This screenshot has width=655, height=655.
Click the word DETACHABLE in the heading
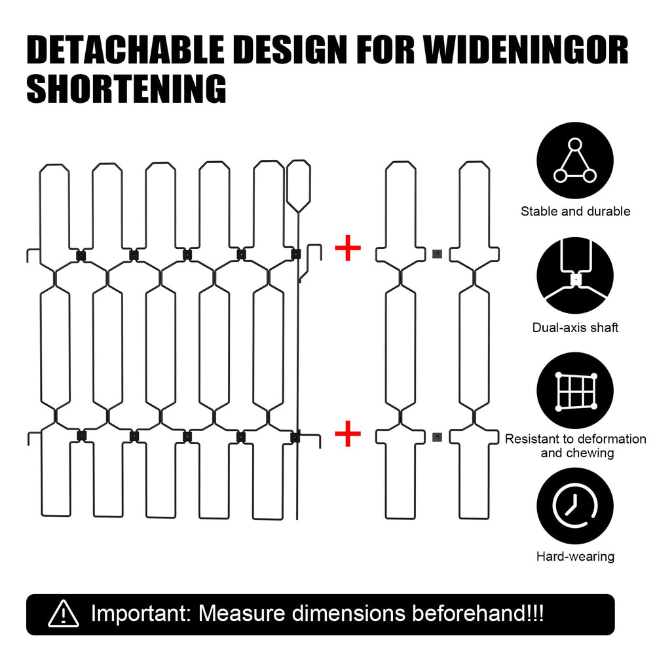pyautogui.click(x=125, y=50)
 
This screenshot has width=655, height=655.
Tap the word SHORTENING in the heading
pyautogui.click(x=126, y=88)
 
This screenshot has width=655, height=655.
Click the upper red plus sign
pyautogui.click(x=348, y=248)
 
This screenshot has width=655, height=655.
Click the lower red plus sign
pyautogui.click(x=348, y=434)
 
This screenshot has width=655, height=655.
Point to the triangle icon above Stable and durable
pyautogui.click(x=575, y=160)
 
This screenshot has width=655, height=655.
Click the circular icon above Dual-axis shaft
pyautogui.click(x=575, y=276)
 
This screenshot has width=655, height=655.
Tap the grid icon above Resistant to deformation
pyautogui.click(x=575, y=390)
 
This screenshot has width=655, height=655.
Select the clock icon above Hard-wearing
pyautogui.click(x=575, y=506)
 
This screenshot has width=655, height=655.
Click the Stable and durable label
pyautogui.click(x=575, y=212)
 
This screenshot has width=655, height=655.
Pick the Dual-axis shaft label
pyautogui.click(x=575, y=327)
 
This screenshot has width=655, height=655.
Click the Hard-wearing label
pyautogui.click(x=575, y=556)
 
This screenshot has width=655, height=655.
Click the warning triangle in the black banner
pyautogui.click(x=63, y=614)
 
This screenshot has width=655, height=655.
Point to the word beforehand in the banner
pyautogui.click(x=470, y=613)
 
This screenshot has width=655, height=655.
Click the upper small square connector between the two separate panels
pyautogui.click(x=437, y=253)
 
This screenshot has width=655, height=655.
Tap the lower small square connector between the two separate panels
pyautogui.click(x=437, y=437)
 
